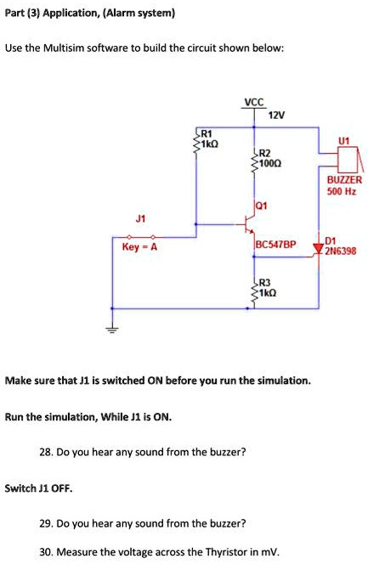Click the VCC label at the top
252,104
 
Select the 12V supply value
276,115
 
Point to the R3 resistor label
264,282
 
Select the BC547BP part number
275,244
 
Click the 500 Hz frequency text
343,192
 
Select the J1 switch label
139,217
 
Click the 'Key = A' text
139,247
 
